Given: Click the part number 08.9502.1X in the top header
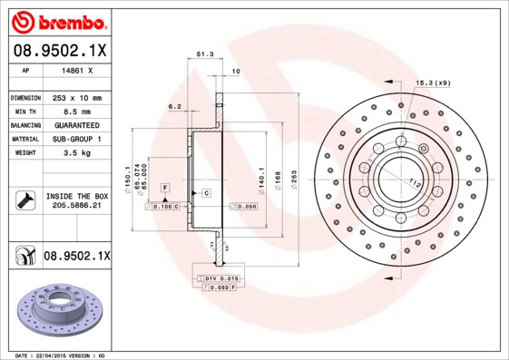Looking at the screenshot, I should (x=59, y=50).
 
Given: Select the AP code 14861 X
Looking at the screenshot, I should (x=76, y=70).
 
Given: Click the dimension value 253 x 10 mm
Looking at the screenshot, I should (x=77, y=97).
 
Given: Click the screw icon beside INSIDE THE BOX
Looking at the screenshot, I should (x=23, y=200).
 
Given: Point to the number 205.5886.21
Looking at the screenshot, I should (x=76, y=207).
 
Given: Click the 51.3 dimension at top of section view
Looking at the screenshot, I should (x=204, y=54).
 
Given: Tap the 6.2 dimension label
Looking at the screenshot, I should (x=174, y=106).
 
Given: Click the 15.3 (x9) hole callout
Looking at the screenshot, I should (x=433, y=83).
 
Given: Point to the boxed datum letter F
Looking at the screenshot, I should (x=166, y=187).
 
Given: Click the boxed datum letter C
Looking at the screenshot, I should (x=206, y=193).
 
